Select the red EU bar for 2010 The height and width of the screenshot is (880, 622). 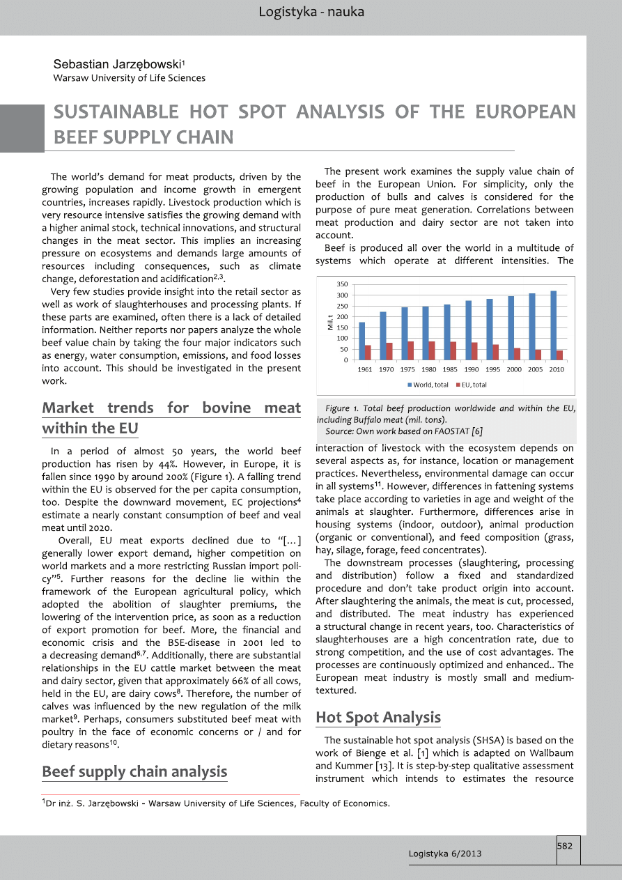tap(560, 355)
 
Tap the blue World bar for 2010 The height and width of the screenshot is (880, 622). tap(553, 325)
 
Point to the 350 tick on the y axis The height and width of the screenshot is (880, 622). tap(342, 285)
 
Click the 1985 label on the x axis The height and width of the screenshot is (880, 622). tap(450, 369)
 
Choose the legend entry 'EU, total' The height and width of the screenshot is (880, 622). tap(472, 385)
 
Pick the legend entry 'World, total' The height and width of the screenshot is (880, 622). tap(428, 385)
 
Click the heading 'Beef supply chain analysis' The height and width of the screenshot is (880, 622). tap(134, 771)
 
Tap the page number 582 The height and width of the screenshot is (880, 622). tap(565, 846)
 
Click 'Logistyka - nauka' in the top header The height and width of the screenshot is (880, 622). tap(311, 12)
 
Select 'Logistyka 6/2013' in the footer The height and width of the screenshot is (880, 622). tap(444, 854)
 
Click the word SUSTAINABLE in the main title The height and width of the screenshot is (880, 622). tap(116, 112)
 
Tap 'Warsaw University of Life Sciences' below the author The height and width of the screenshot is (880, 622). tap(129, 78)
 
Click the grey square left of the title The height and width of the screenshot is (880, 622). tap(22, 128)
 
